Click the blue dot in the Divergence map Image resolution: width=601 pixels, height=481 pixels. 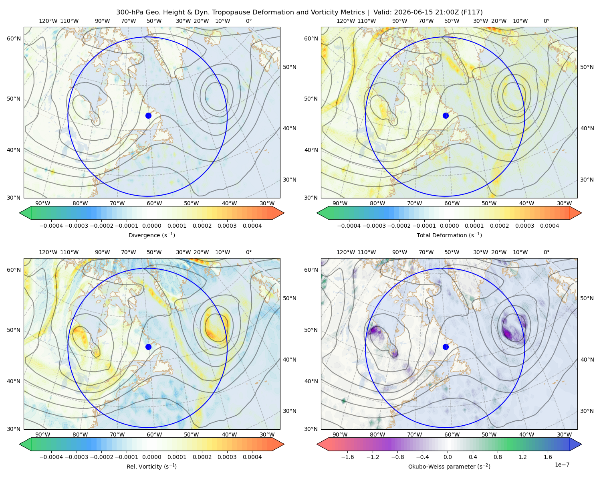click(148, 115)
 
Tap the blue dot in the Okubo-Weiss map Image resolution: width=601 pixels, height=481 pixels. click(446, 347)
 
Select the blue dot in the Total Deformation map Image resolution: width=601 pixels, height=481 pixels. click(446, 115)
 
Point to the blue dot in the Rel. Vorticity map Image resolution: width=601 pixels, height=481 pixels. click(148, 347)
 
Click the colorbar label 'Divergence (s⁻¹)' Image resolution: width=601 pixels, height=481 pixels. click(151, 235)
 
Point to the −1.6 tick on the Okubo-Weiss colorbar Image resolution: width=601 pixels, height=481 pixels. click(347, 457)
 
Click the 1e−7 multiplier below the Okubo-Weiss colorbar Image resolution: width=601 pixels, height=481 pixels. click(562, 465)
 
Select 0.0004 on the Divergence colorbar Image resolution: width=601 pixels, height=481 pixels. click(252, 226)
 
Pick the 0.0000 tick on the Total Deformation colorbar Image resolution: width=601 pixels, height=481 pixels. click(450, 226)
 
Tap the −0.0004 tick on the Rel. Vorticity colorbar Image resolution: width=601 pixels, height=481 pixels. click(51, 457)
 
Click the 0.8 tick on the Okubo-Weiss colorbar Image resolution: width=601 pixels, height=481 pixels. click(498, 457)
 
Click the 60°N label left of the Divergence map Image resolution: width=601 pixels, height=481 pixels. click(14, 38)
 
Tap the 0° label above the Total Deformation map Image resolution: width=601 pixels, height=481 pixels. click(546, 21)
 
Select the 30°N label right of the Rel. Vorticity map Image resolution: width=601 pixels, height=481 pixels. click(290, 411)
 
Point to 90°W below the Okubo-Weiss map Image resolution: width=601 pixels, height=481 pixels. click(340, 435)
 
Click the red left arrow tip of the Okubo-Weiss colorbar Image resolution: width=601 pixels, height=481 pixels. click(318, 444)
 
